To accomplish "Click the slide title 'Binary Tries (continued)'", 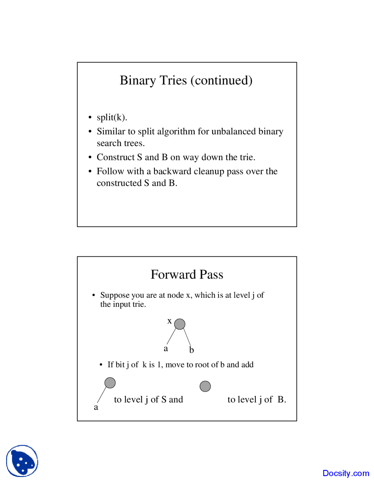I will (186, 80).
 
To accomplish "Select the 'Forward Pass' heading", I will (187, 274).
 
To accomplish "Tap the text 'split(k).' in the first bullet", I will (112, 117).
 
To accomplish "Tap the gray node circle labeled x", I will (180, 324).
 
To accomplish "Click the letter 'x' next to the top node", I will (169, 321).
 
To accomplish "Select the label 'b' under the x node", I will (191, 350).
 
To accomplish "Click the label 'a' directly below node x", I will (166, 348).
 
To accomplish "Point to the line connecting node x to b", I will (187, 338).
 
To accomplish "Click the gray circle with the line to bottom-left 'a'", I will (110, 383).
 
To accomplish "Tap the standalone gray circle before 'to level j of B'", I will (205, 386).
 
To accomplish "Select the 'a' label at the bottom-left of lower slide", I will (96, 407).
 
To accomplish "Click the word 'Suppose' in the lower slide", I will (115, 295).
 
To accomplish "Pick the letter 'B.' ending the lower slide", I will (282, 400).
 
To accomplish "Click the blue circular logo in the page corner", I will (22, 461).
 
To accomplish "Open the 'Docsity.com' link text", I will (346, 473).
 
